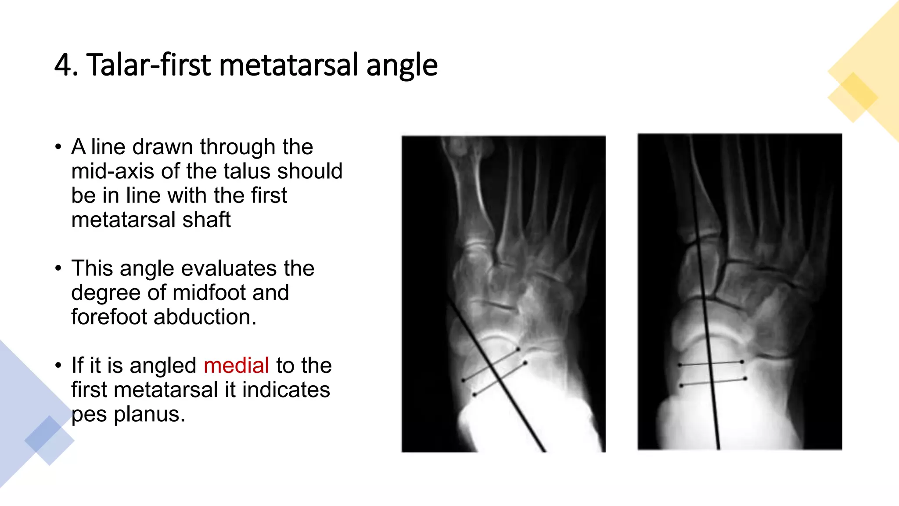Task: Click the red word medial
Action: coord(236,365)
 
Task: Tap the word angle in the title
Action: coord(402,65)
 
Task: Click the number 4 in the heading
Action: coord(63,65)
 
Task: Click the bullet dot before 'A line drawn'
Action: coord(58,147)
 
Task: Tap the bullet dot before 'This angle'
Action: coord(58,268)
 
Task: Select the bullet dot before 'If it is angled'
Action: coord(58,365)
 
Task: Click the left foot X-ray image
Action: coord(503,293)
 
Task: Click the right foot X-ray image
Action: coord(740,292)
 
